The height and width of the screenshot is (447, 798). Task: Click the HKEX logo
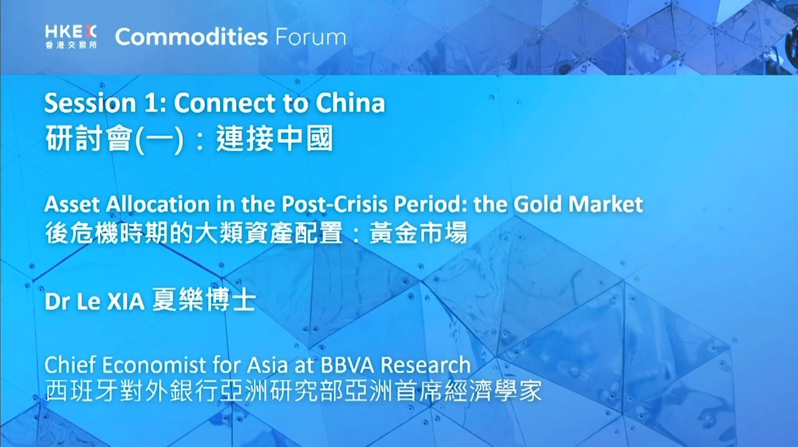pos(71,37)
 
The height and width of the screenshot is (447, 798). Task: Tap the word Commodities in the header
pos(192,37)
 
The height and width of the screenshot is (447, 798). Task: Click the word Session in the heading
pos(90,103)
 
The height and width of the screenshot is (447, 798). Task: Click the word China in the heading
pos(350,103)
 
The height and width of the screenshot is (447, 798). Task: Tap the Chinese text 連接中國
pos(275,138)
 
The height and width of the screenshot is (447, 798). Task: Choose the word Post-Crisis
pos(334,205)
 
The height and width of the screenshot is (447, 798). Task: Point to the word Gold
pos(538,204)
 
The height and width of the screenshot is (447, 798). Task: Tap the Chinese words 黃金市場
pos(418,233)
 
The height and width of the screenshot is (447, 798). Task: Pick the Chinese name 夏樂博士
pos(204,300)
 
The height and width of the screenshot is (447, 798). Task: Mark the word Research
pos(426,365)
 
